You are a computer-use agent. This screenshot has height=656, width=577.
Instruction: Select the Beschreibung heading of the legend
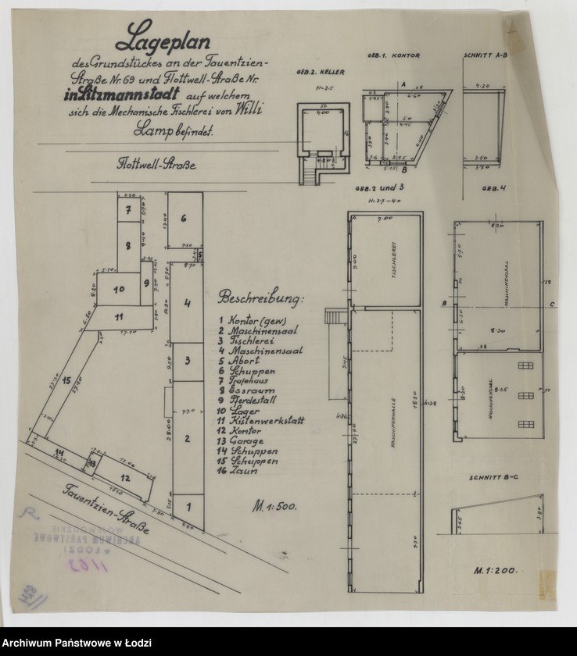(262, 299)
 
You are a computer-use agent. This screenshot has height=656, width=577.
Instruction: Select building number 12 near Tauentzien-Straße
(125, 476)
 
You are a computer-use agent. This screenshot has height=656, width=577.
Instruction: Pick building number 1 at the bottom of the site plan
(187, 506)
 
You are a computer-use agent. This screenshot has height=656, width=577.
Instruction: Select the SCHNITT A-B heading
(486, 57)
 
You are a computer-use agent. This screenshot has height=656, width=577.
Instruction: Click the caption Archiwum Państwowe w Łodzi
(76, 643)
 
